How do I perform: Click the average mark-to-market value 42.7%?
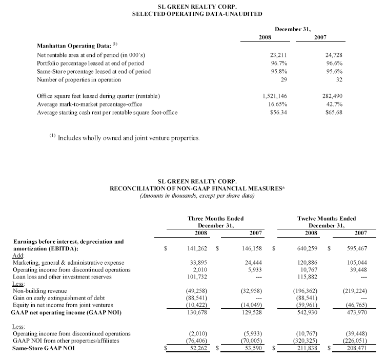pos(334,104)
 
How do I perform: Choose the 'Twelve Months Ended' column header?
pos(326,219)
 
